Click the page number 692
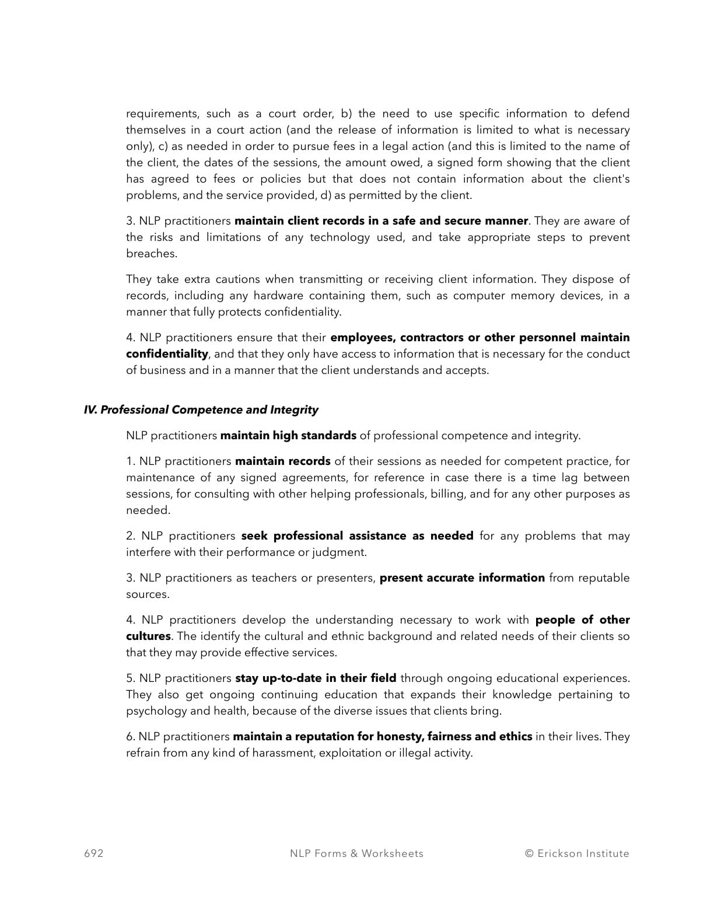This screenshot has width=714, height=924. pyautogui.click(x=94, y=853)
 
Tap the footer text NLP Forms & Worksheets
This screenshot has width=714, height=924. pyautogui.click(x=356, y=853)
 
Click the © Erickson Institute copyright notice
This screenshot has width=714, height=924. pyautogui.click(x=577, y=853)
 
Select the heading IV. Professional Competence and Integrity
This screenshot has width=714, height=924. pyautogui.click(x=201, y=410)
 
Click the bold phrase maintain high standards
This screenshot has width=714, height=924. pyautogui.click(x=288, y=436)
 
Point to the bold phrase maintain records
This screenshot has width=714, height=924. pyautogui.click(x=282, y=461)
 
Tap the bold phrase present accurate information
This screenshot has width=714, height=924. pyautogui.click(x=462, y=578)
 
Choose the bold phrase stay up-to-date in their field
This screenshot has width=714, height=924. pyautogui.click(x=316, y=678)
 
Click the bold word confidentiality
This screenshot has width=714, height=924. pyautogui.click(x=167, y=354)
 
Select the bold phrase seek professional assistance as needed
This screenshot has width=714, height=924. pyautogui.click(x=357, y=536)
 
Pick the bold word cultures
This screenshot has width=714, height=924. pyautogui.click(x=148, y=636)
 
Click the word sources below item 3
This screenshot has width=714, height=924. pyautogui.click(x=148, y=594)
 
